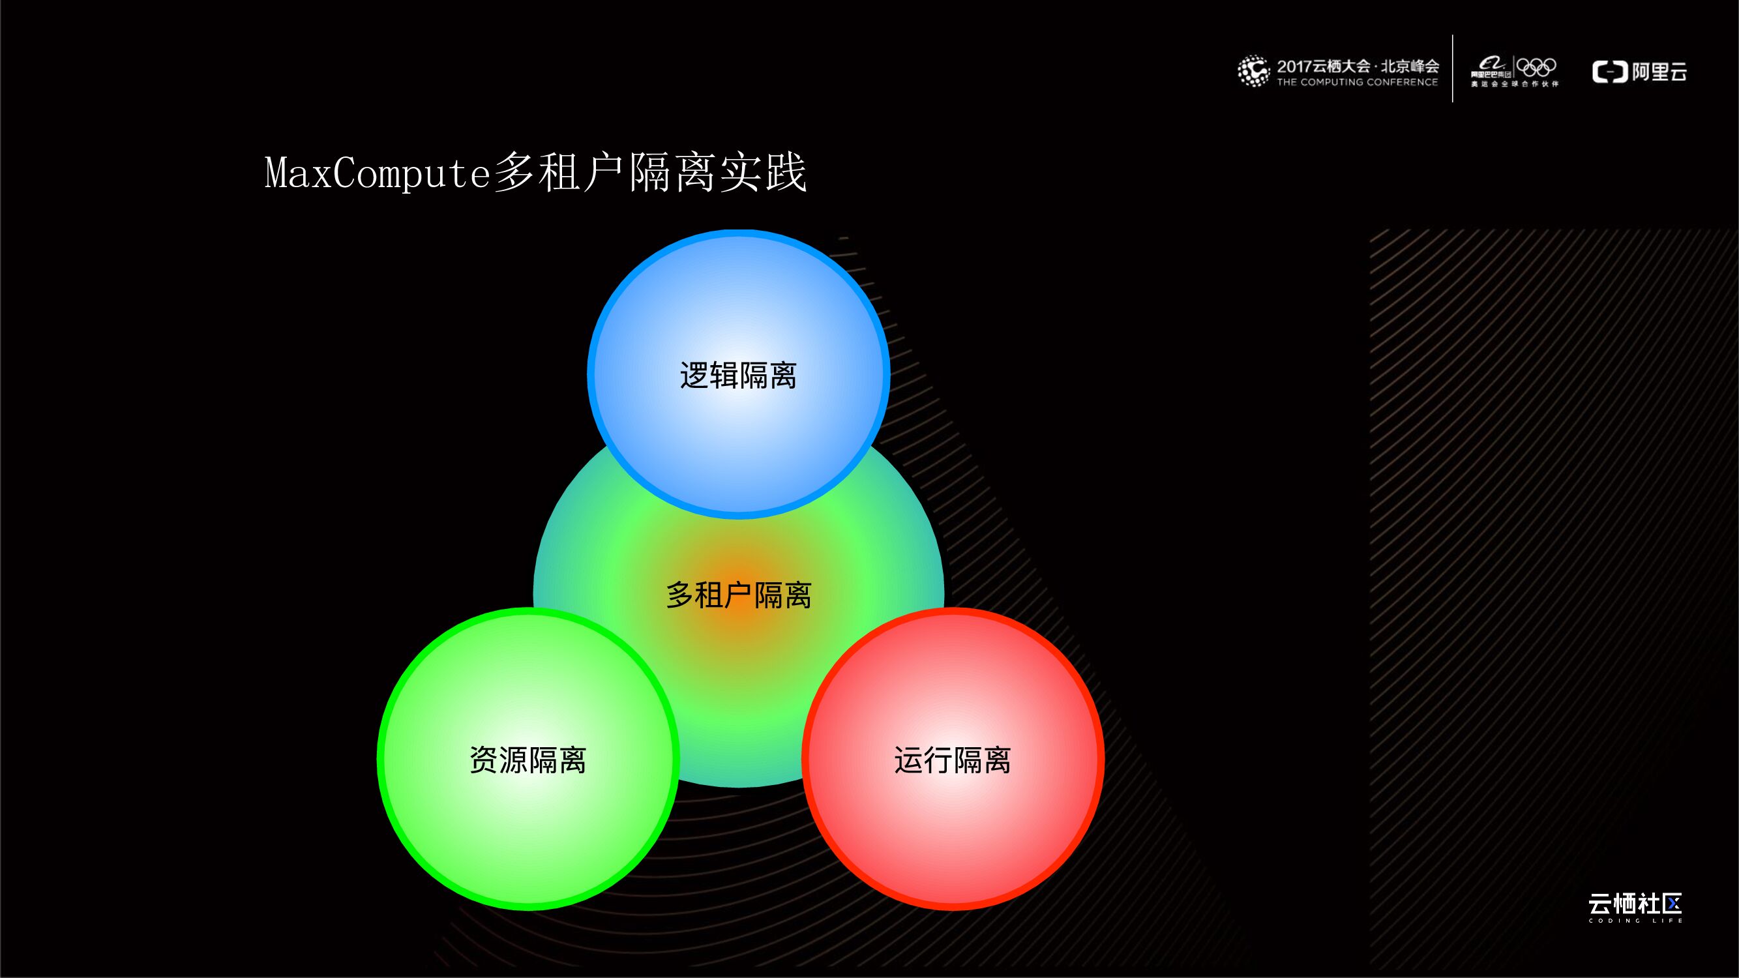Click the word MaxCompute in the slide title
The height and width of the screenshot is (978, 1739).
pyautogui.click(x=377, y=173)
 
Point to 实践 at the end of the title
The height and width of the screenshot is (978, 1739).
pyautogui.click(x=763, y=173)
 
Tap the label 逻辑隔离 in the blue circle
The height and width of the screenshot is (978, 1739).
pyautogui.click(x=738, y=376)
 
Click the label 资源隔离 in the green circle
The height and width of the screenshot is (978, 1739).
pyautogui.click(x=528, y=760)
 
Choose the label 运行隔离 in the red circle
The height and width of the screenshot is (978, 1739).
pyautogui.click(x=952, y=760)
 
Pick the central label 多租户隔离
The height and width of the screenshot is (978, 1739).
pyautogui.click(x=738, y=595)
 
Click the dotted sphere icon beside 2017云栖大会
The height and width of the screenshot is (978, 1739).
pyautogui.click(x=1253, y=71)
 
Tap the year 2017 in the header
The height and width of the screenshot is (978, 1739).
pyautogui.click(x=1294, y=66)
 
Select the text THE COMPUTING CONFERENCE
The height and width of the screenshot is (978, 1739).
pyautogui.click(x=1357, y=82)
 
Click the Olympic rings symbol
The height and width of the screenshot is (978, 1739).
pyautogui.click(x=1536, y=67)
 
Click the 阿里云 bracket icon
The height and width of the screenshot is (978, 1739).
pyautogui.click(x=1609, y=72)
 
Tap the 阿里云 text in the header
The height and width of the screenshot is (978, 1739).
pyautogui.click(x=1659, y=72)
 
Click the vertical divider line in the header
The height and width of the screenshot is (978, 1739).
pyautogui.click(x=1452, y=68)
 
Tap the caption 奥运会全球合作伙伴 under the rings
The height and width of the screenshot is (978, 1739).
pyautogui.click(x=1515, y=84)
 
